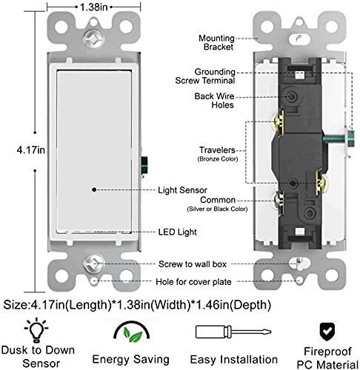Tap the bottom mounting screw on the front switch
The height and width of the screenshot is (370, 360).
[93, 261]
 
